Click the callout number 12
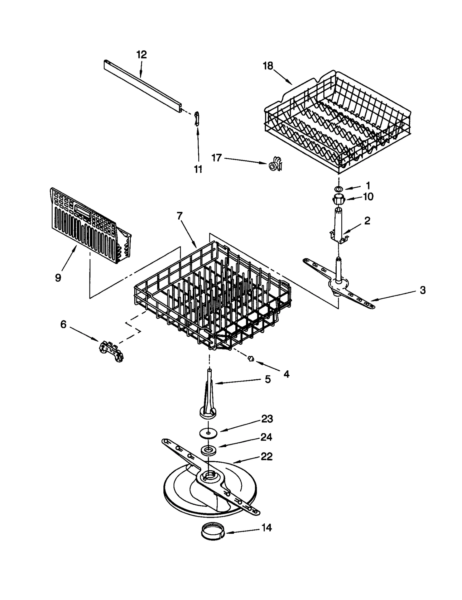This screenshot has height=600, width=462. [x=141, y=55]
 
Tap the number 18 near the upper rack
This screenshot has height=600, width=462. [x=267, y=66]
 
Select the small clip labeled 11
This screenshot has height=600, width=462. [x=197, y=119]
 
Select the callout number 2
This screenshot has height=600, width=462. [x=367, y=221]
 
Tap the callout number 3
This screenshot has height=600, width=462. [x=422, y=290]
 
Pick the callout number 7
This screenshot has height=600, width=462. [x=180, y=216]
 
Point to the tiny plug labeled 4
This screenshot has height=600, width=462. [x=251, y=359]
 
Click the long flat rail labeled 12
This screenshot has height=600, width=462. [x=143, y=86]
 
